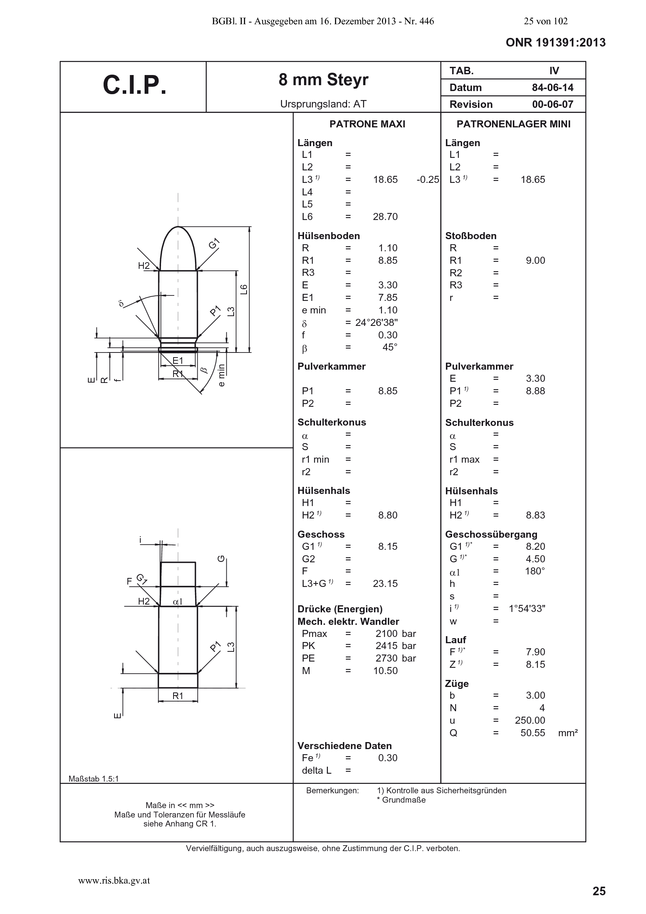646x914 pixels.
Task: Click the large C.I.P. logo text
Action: [x=134, y=85]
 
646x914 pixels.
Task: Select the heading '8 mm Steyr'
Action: [x=323, y=80]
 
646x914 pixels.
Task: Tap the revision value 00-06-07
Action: [x=553, y=104]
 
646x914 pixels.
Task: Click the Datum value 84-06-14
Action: [x=553, y=88]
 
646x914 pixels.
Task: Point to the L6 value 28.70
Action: [x=385, y=216]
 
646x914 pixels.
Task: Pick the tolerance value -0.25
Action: [x=428, y=179]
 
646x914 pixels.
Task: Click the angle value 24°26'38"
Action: [x=376, y=322]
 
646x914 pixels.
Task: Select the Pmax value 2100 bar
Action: [x=395, y=634]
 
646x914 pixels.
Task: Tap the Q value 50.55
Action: [x=533, y=733]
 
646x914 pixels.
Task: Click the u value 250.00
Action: [x=530, y=720]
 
